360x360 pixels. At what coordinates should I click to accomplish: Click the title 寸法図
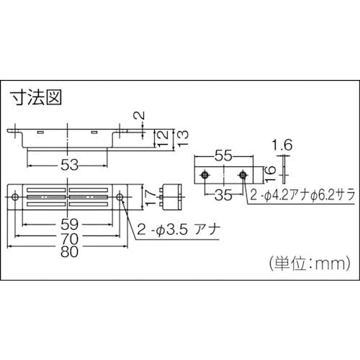[37, 97]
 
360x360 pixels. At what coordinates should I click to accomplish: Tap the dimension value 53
[70, 165]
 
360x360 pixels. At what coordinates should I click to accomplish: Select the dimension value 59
[70, 225]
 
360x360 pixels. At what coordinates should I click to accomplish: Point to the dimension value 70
[70, 239]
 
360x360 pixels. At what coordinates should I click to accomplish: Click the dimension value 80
[70, 251]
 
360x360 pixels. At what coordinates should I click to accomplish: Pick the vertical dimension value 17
[151, 197]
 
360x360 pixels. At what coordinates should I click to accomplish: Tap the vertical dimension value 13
[183, 138]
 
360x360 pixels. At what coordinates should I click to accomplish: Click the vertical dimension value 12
[163, 138]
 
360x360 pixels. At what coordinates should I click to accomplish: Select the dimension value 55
[223, 156]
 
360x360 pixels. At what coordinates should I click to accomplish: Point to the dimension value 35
[223, 195]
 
